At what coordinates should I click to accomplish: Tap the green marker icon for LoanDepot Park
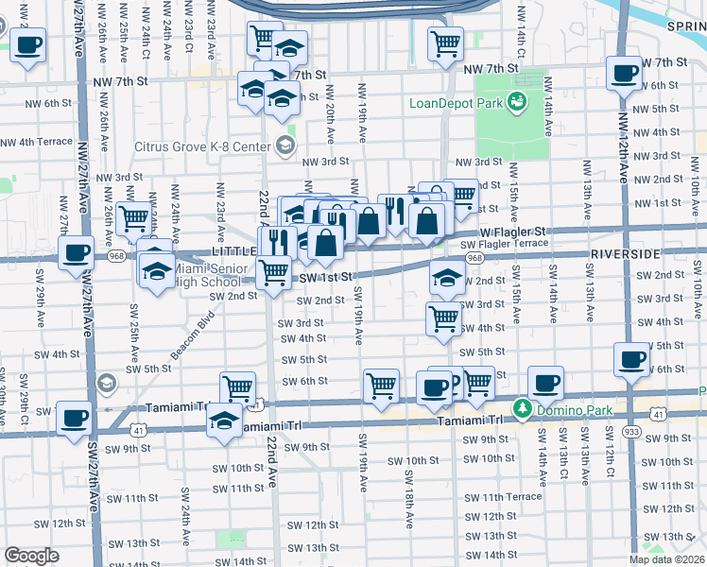tap(517, 100)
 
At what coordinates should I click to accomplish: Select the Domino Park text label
tap(571, 407)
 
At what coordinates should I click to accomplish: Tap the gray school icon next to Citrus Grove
tap(285, 145)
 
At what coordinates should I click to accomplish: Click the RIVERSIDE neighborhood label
tap(625, 255)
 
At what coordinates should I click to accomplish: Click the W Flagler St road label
tap(512, 231)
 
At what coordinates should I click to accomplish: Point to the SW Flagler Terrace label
tap(504, 244)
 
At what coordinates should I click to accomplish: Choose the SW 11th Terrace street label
tap(511, 496)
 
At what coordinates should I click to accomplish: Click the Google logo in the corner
tap(31, 556)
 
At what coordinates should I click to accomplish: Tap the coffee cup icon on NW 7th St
tap(623, 75)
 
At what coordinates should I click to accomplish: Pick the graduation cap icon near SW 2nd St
tap(447, 276)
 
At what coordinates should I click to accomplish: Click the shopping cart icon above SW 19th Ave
tap(381, 386)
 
